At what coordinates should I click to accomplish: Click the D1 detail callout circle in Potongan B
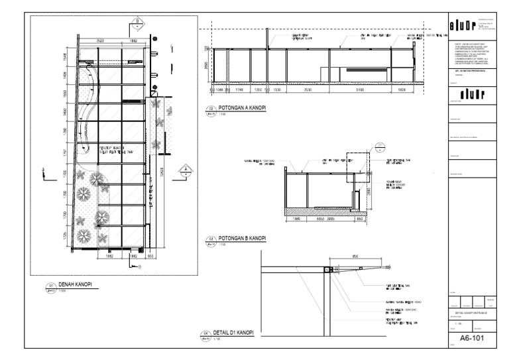[379, 145]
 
